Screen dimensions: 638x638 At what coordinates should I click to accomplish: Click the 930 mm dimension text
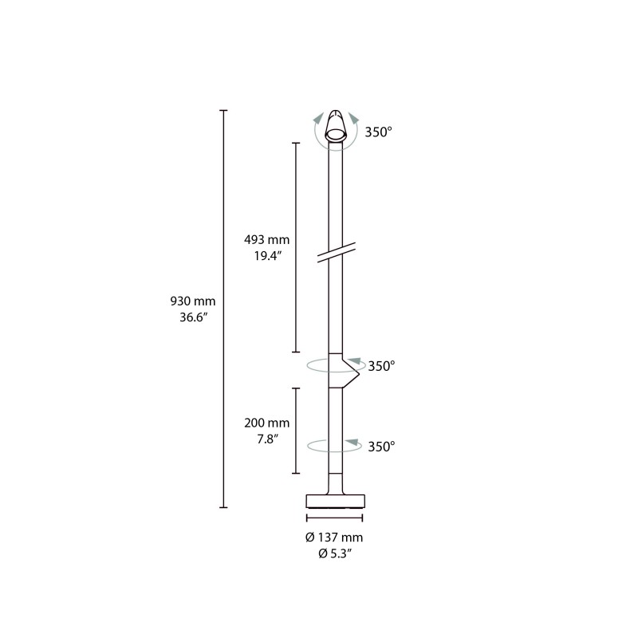193,301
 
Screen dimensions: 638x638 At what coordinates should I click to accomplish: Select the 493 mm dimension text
266,240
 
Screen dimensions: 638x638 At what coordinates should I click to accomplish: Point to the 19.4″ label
266,256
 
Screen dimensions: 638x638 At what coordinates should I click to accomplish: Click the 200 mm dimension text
266,423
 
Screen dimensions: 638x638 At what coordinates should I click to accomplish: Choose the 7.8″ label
266,439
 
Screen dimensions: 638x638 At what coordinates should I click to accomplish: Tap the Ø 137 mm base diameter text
335,538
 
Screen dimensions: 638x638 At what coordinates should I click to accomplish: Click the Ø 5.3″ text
335,553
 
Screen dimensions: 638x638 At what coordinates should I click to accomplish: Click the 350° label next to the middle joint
381,366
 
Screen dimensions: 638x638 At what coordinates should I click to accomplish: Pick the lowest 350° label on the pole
381,447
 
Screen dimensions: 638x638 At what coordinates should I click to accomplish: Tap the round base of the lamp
335,501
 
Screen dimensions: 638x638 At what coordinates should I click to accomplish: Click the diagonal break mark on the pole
336,253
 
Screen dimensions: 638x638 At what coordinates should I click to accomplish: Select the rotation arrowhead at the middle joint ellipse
354,361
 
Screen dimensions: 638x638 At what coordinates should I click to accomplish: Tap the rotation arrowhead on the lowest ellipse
352,441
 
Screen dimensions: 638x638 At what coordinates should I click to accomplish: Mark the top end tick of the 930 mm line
224,111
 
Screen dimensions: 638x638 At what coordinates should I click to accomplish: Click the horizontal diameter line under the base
335,519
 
